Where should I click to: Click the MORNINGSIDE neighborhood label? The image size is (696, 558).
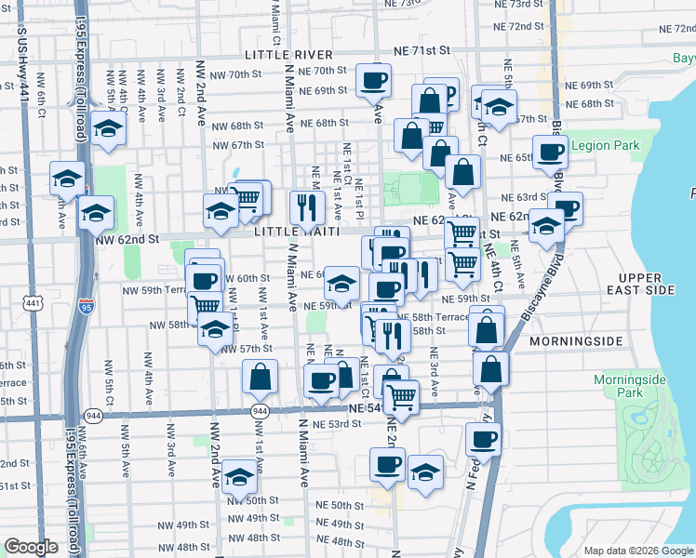coord(575,341)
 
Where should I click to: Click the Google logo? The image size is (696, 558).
coord(31,547)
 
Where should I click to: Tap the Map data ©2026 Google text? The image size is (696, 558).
coord(637,551)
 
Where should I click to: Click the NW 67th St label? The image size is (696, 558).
coord(238,145)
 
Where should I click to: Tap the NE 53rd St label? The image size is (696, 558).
coord(337,424)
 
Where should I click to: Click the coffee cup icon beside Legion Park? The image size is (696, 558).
coord(550,152)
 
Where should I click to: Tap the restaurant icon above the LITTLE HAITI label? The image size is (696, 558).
coord(305,207)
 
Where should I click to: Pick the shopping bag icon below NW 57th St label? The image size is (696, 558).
coord(260,377)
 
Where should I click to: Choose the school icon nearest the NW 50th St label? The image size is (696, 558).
coord(239,478)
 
